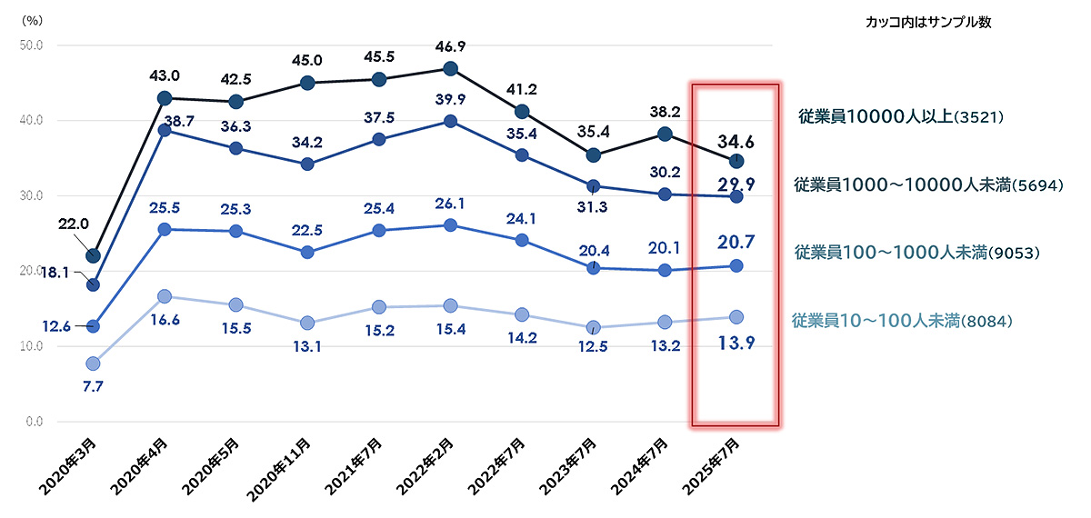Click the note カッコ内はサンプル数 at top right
[x=927, y=23]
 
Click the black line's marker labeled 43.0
[x=165, y=98]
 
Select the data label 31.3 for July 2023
[x=595, y=206]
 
